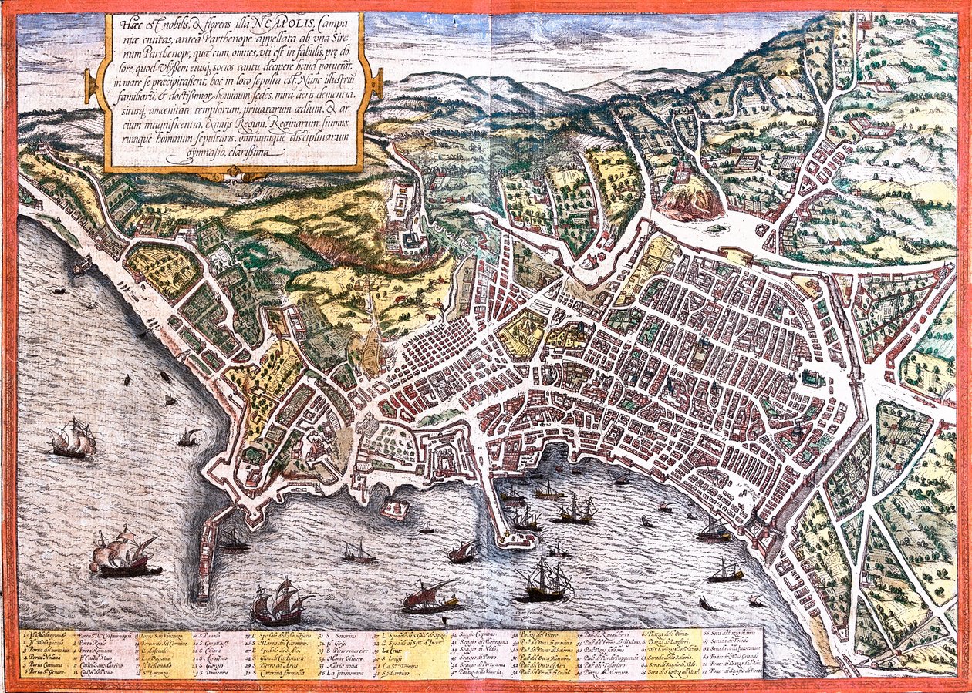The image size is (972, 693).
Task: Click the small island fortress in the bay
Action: click(395, 509)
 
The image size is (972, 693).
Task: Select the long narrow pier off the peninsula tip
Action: click(205, 557)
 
